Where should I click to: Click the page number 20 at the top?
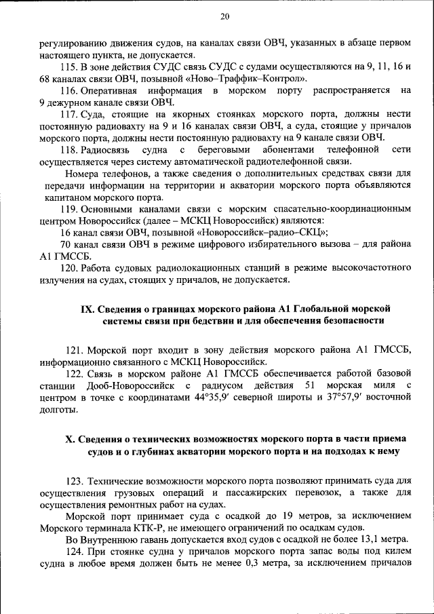[225, 16]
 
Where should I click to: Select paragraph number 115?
[70, 66]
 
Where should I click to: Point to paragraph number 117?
[70, 114]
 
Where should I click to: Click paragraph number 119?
[70, 209]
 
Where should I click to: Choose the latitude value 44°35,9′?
[207, 398]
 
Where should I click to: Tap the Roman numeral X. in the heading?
[71, 438]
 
